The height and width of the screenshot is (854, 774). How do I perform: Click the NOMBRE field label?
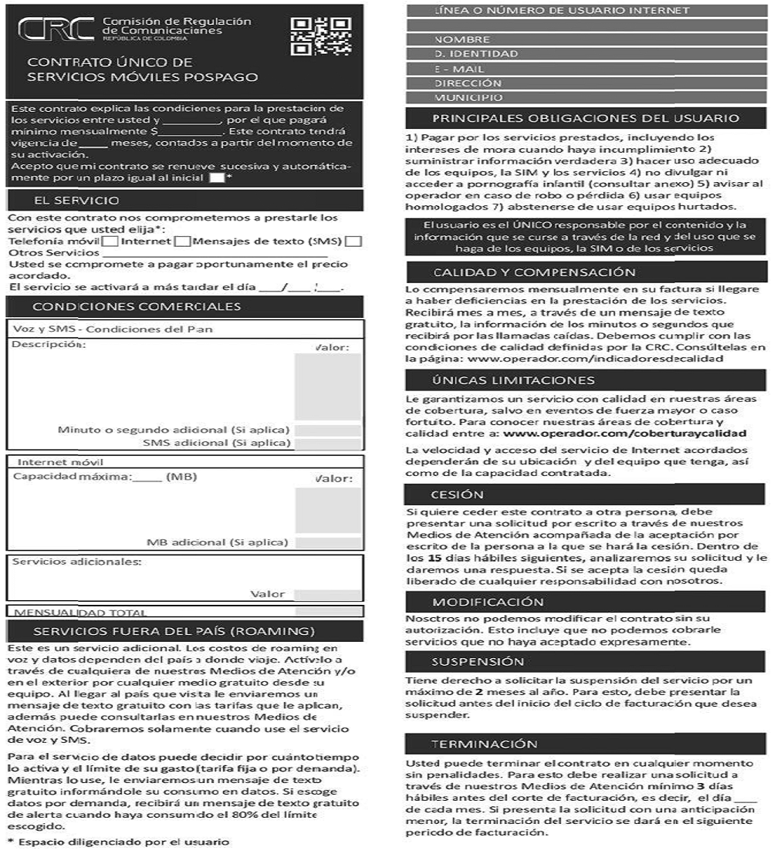tap(462, 39)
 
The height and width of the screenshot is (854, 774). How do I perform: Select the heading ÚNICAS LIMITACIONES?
tap(513, 380)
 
